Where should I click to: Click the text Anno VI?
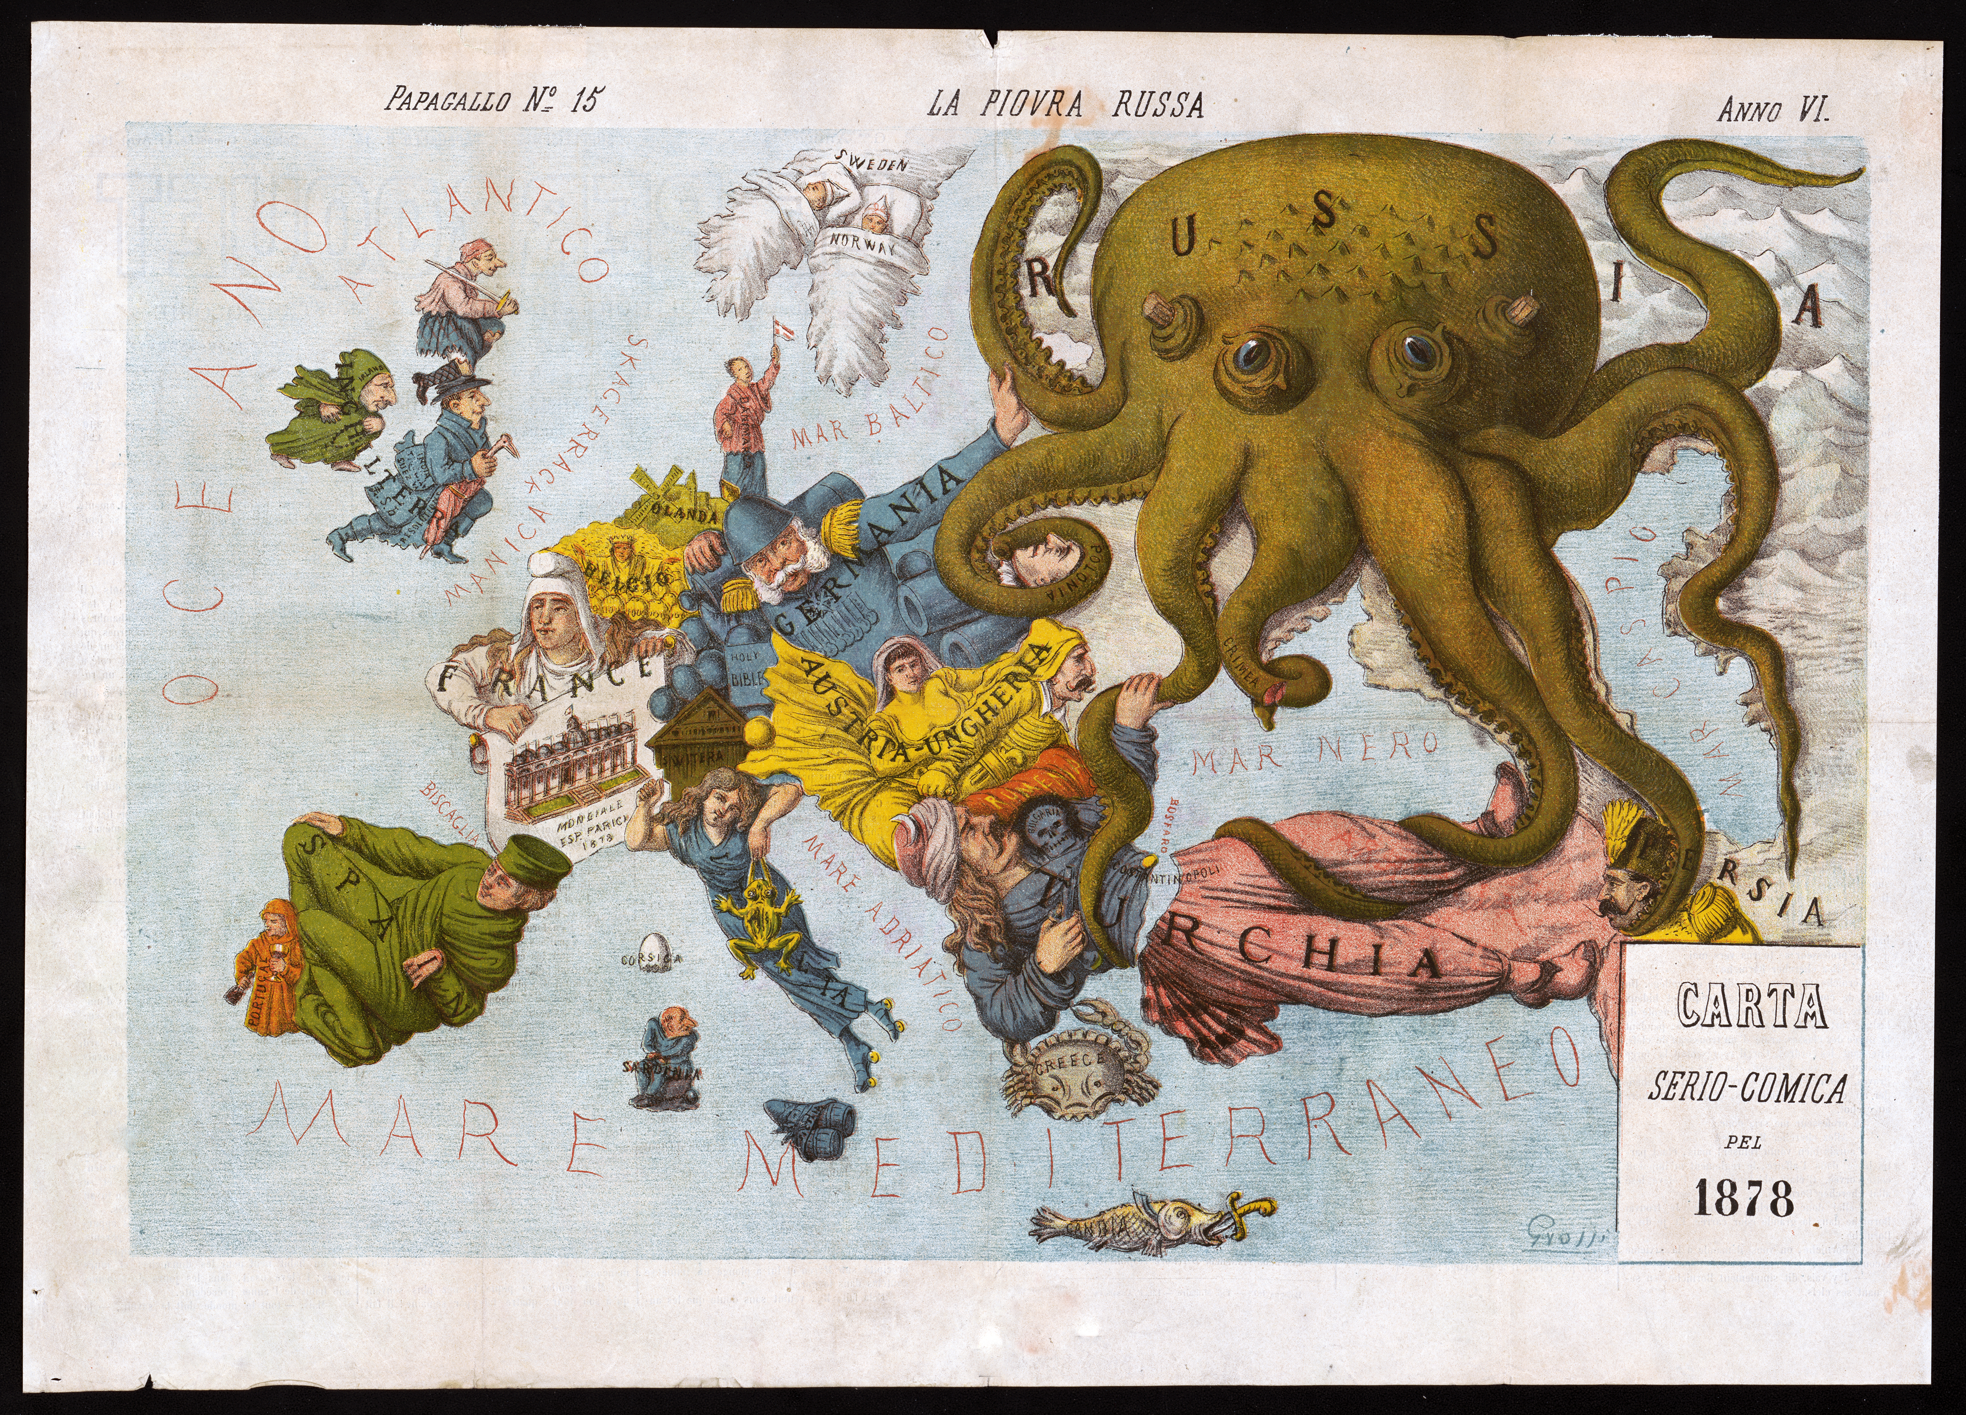click(x=1773, y=110)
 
